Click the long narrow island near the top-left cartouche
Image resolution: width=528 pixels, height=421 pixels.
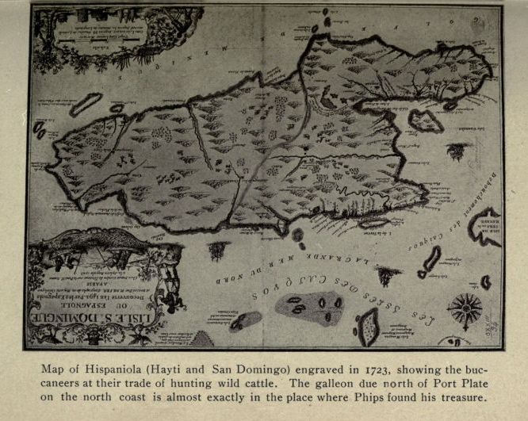[86, 102]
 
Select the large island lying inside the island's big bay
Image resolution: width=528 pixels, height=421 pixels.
[426, 120]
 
